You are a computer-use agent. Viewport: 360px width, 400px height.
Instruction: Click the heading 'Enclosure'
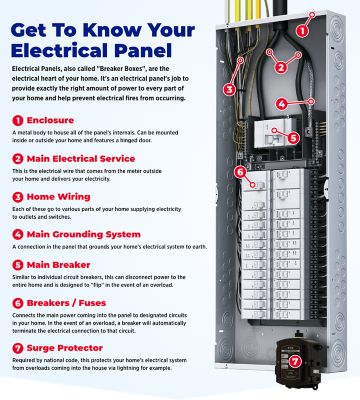[x=51, y=119]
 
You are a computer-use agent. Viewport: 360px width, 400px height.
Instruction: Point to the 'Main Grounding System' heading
[x=80, y=236]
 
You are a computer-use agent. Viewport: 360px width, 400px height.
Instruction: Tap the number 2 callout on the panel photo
[x=281, y=68]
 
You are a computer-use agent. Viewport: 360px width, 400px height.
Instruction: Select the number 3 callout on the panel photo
[x=229, y=89]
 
